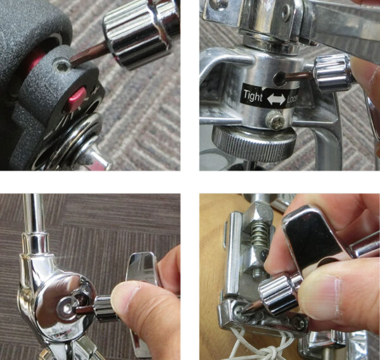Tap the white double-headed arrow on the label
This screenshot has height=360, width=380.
276,99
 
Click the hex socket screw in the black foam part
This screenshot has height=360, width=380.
61,65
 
